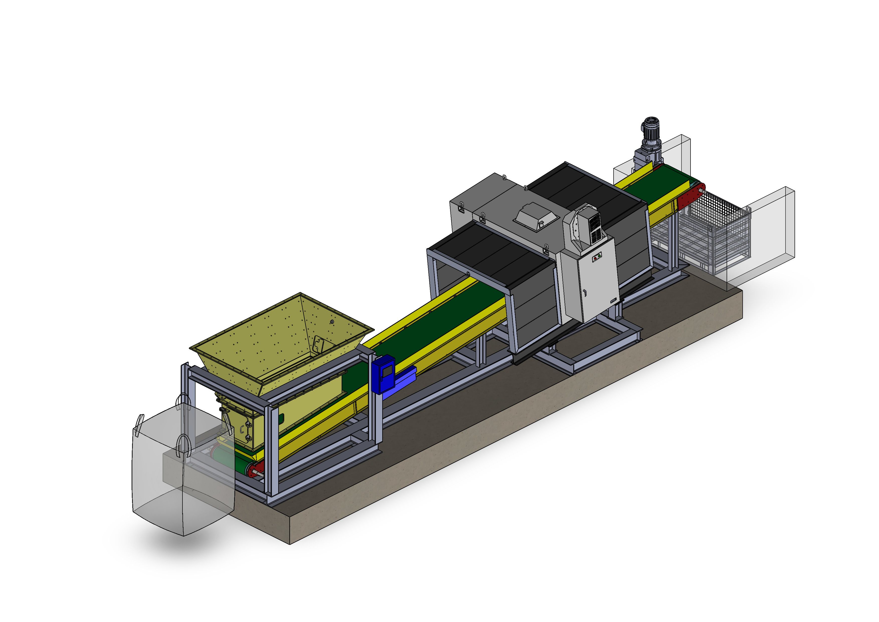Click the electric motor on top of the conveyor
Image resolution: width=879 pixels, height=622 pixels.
tap(652, 132)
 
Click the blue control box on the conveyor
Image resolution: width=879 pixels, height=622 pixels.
tap(383, 374)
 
